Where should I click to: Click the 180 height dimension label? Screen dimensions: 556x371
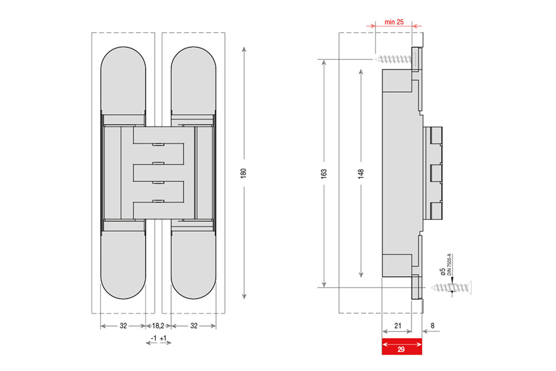pyautogui.click(x=244, y=173)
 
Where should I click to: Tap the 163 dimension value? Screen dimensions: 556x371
pyautogui.click(x=324, y=174)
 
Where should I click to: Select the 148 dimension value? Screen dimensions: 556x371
pyautogui.click(x=361, y=174)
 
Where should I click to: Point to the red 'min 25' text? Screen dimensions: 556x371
pyautogui.click(x=394, y=22)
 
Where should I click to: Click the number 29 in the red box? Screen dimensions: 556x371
pyautogui.click(x=401, y=349)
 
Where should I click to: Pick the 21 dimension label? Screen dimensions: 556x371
pyautogui.click(x=398, y=325)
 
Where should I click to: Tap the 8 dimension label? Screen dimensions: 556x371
pyautogui.click(x=432, y=325)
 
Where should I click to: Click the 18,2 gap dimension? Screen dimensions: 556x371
pyautogui.click(x=158, y=325)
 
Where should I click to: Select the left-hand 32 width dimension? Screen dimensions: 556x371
pyautogui.click(x=123, y=325)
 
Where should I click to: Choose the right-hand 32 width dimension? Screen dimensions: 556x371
pyautogui.click(x=193, y=325)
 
